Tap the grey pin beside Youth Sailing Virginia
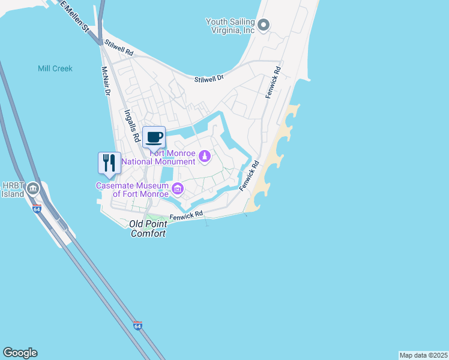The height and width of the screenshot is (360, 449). [x=264, y=25]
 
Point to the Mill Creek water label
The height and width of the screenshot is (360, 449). [x=55, y=68]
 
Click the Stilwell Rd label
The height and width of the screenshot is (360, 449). [x=118, y=48]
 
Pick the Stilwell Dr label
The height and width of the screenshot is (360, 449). [x=209, y=78]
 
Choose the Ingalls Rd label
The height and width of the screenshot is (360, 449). [x=132, y=124]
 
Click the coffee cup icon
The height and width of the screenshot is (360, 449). [x=154, y=137]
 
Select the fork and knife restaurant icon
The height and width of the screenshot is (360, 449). [x=109, y=163]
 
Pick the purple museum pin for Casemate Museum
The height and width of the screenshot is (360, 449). [x=178, y=190]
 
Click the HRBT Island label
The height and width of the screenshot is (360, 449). [x=13, y=190]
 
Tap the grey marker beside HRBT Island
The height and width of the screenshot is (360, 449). [x=34, y=188]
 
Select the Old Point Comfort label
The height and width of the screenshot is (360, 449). [x=148, y=229]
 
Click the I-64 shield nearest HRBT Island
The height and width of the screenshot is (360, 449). [x=37, y=209]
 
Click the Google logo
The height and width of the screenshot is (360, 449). [x=20, y=353]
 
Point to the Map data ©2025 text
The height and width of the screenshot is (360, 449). [x=423, y=355]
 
